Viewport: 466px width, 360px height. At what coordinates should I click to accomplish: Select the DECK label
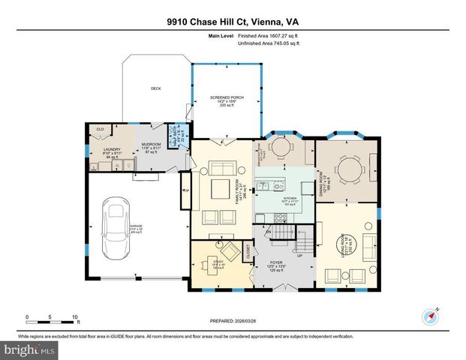point(156,88)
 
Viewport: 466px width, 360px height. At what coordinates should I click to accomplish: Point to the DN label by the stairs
point(267,232)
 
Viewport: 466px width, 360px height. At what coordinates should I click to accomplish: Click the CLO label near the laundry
point(100,130)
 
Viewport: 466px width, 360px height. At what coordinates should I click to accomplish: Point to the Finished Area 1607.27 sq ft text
point(269,36)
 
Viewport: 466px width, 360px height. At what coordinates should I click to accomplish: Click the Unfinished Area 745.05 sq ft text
point(269,44)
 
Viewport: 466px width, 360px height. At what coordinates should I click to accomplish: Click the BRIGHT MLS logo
point(29,349)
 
